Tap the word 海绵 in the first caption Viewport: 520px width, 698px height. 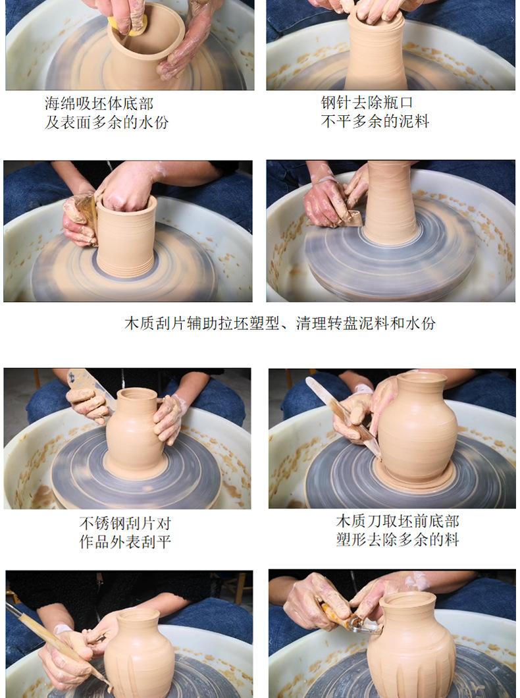point(60,104)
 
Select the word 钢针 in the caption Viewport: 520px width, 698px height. point(336,102)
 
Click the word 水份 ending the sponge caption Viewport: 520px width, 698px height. point(153,122)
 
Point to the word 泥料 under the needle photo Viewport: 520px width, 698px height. point(414,121)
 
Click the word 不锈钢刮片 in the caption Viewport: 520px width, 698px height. point(117,523)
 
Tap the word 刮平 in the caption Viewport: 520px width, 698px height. point(156,541)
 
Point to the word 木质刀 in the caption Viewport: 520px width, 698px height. point(359,522)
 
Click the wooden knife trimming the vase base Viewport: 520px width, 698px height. point(342,416)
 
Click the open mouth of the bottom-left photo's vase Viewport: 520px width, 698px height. point(138,616)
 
